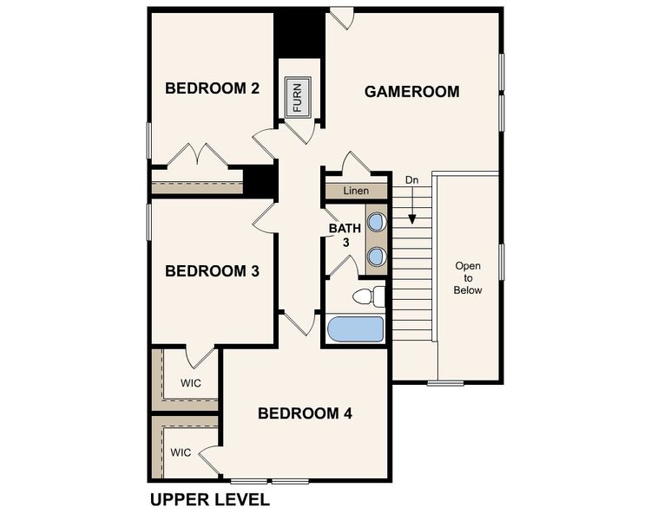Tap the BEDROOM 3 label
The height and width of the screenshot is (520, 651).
click(x=212, y=271)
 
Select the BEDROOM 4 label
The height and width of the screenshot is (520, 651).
click(x=305, y=413)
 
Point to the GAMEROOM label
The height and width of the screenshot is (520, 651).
click(x=411, y=91)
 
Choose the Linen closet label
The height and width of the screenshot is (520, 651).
click(x=355, y=191)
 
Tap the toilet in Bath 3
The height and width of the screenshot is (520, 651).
click(x=370, y=297)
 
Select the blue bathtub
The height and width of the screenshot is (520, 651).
click(x=356, y=329)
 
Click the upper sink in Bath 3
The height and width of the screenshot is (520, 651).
click(x=377, y=222)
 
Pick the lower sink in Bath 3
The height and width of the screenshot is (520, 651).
click(x=377, y=256)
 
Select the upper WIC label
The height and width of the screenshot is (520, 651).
click(x=191, y=382)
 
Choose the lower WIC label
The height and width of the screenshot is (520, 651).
click(x=181, y=452)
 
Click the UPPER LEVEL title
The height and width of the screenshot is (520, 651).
click(x=209, y=500)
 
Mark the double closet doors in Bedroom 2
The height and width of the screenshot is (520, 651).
click(x=197, y=156)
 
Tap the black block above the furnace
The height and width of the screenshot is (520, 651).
click(x=299, y=34)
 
